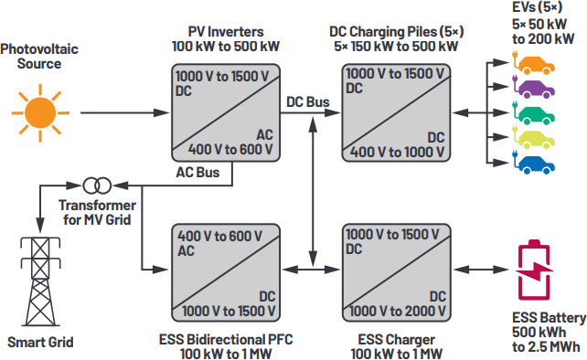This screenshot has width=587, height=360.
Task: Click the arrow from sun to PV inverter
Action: [119, 112]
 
